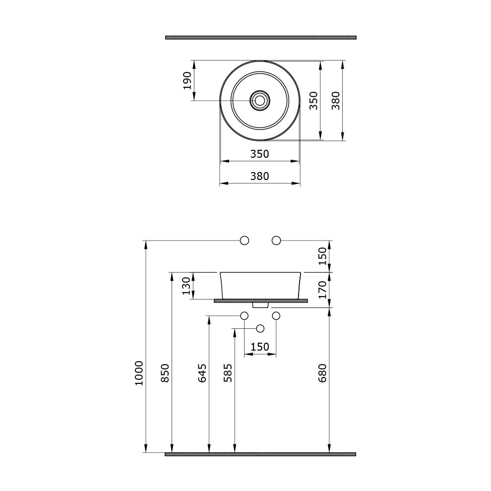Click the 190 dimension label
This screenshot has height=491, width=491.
(187, 80)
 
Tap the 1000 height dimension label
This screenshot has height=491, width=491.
(139, 373)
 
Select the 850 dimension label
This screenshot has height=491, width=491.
(165, 373)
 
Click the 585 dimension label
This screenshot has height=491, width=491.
(228, 373)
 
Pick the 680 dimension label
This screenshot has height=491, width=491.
(322, 373)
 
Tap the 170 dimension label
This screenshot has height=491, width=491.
(322, 290)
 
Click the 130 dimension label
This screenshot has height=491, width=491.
(186, 286)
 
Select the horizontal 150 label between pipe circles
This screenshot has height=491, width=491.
(260, 347)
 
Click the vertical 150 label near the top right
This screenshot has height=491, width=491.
(322, 256)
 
